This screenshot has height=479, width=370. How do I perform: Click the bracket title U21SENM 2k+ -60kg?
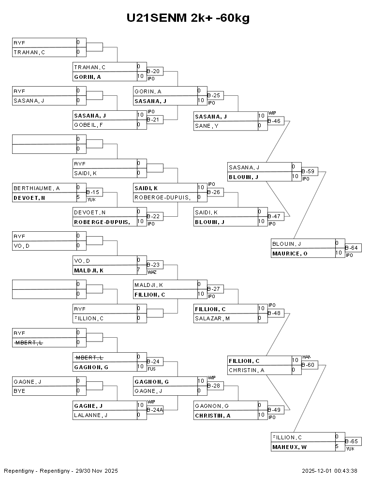point(188,18)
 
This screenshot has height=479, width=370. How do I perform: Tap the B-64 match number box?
point(353,248)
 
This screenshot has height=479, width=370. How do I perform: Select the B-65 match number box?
point(353,441)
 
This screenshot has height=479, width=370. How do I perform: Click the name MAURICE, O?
point(290,253)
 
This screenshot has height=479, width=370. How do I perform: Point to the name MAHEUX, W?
point(289,447)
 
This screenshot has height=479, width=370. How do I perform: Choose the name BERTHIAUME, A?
point(30,188)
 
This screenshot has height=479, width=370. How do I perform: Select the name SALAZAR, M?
point(212,318)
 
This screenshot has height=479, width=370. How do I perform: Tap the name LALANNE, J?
point(90,415)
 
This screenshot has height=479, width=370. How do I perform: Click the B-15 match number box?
point(93,192)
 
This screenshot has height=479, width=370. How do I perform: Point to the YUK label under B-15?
point(90,199)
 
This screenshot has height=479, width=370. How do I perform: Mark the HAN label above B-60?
point(306,357)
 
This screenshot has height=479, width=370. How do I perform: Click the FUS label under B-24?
point(151,368)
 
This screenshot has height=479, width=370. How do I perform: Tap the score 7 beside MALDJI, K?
point(139,269)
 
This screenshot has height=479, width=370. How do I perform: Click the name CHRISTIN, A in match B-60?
point(246,370)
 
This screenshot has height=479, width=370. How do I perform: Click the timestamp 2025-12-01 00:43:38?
point(329,471)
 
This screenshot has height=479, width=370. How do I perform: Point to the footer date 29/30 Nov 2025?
point(99,471)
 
